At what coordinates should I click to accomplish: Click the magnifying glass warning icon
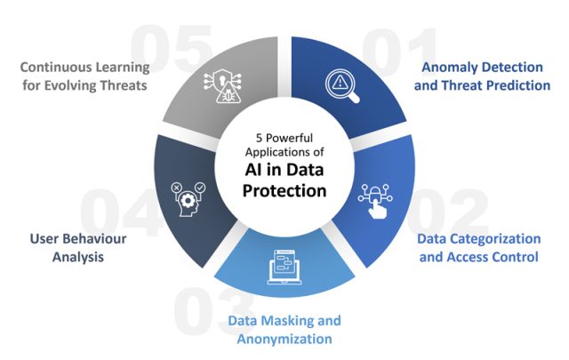click(341, 83)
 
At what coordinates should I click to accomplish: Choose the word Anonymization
click(284, 339)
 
